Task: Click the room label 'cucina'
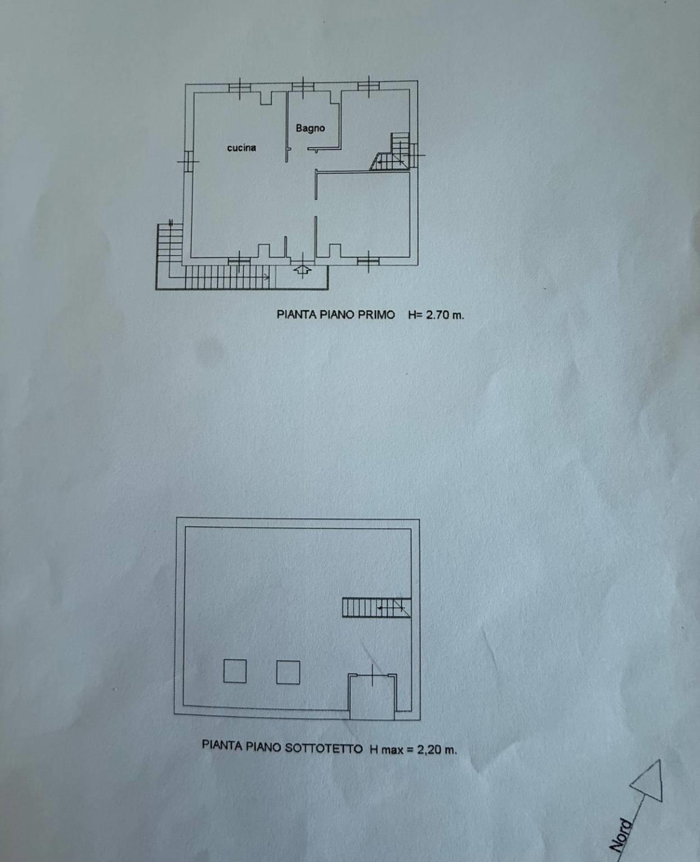(x=241, y=148)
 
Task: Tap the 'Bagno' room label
(x=310, y=128)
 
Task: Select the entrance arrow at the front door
(x=303, y=272)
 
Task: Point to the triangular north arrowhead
(x=649, y=781)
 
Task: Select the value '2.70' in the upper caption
(x=438, y=315)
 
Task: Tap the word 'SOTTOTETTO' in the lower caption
(x=324, y=748)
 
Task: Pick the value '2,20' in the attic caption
(x=429, y=749)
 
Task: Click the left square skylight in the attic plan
(x=235, y=671)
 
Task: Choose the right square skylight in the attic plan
(x=288, y=672)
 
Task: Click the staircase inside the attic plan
(x=376, y=608)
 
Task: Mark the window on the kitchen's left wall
(x=188, y=161)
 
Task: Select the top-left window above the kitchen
(x=239, y=87)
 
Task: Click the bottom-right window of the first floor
(x=368, y=260)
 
